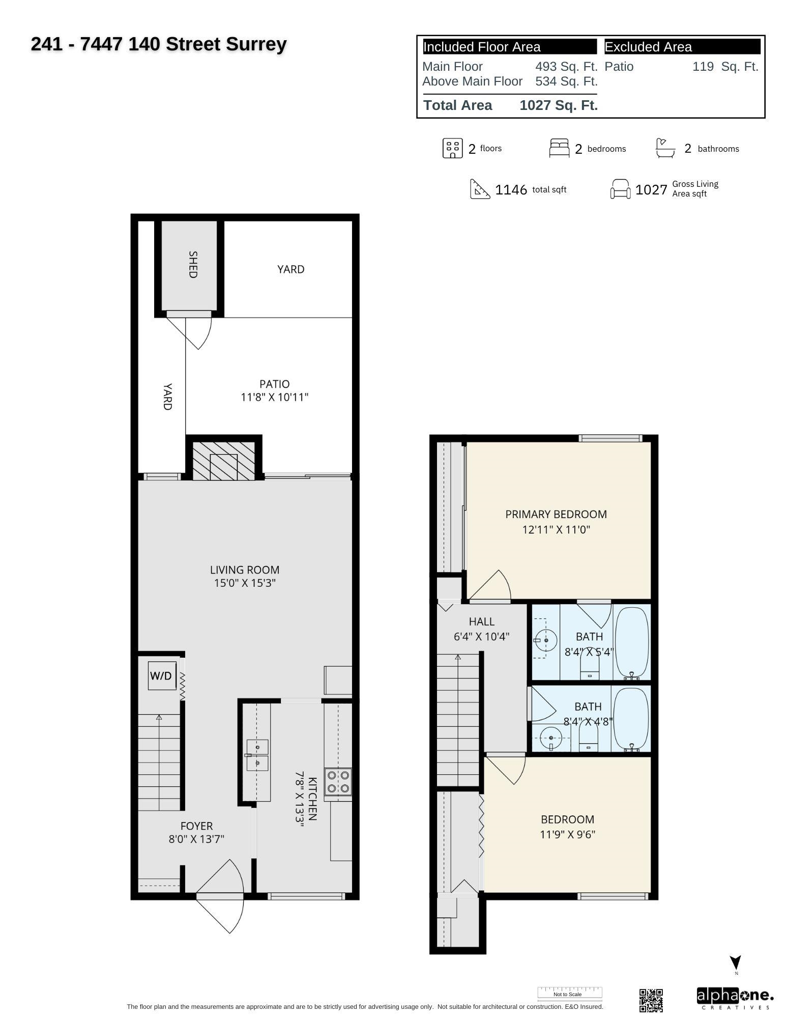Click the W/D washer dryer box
pyautogui.click(x=162, y=675)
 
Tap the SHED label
pyautogui.click(x=193, y=264)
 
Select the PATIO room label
pyautogui.click(x=274, y=384)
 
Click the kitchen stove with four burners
pyautogui.click(x=338, y=782)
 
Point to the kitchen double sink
pyautogui.click(x=257, y=755)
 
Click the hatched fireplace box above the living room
pyautogui.click(x=224, y=461)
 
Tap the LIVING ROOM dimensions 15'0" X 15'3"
pyautogui.click(x=245, y=583)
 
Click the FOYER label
pyautogui.click(x=196, y=826)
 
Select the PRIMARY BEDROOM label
pyautogui.click(x=556, y=514)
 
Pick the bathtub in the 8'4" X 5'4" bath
pyautogui.click(x=632, y=642)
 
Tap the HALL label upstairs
pyautogui.click(x=481, y=621)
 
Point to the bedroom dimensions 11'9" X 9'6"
pyautogui.click(x=567, y=834)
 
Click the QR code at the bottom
pyautogui.click(x=651, y=1000)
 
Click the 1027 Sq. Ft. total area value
pyautogui.click(x=559, y=105)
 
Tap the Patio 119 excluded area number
pyautogui.click(x=703, y=67)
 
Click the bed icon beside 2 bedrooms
pyautogui.click(x=559, y=148)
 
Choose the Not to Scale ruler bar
pyautogui.click(x=570, y=993)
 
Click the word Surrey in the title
pyautogui.click(x=256, y=45)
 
